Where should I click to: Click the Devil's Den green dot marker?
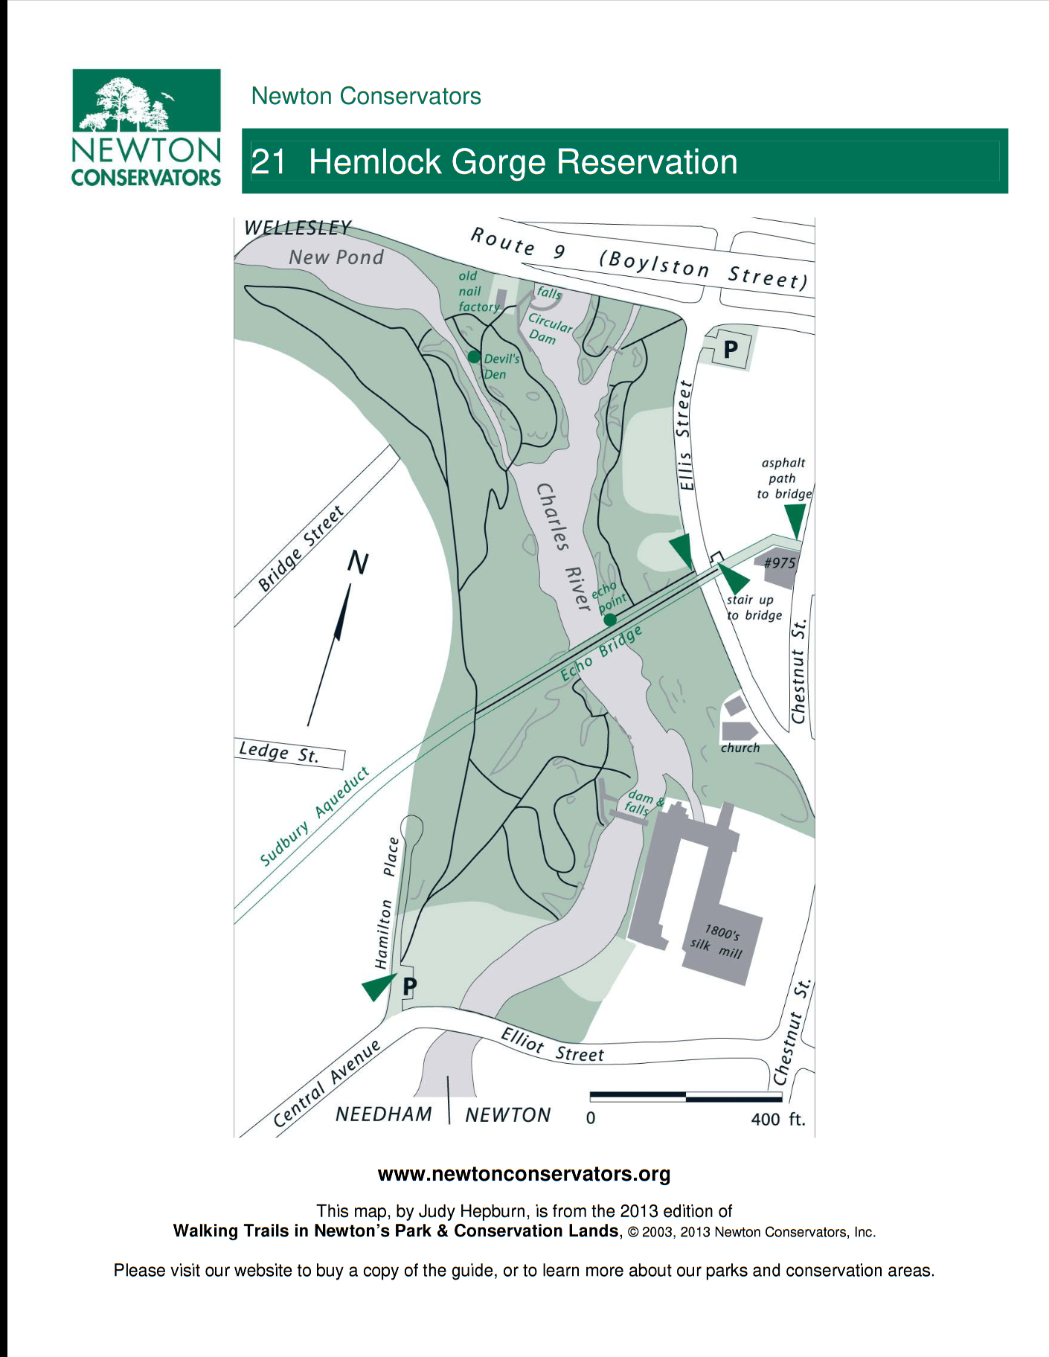tap(474, 357)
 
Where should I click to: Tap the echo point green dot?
tap(610, 620)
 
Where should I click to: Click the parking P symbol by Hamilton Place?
tap(409, 987)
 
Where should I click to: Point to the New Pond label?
tap(336, 257)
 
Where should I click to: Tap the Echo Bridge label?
tap(601, 654)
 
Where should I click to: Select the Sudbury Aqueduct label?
tap(315, 817)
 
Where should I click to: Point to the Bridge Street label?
tap(301, 548)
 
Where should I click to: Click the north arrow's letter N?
tap(359, 562)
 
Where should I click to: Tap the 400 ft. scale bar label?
tap(778, 1119)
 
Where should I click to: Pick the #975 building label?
tap(779, 563)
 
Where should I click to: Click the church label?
tap(740, 748)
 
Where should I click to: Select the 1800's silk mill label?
tap(718, 941)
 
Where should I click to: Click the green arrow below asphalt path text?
tap(795, 519)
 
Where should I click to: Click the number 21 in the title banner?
tap(268, 162)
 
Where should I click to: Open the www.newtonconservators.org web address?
tap(524, 1174)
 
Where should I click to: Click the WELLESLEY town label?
tap(298, 227)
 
